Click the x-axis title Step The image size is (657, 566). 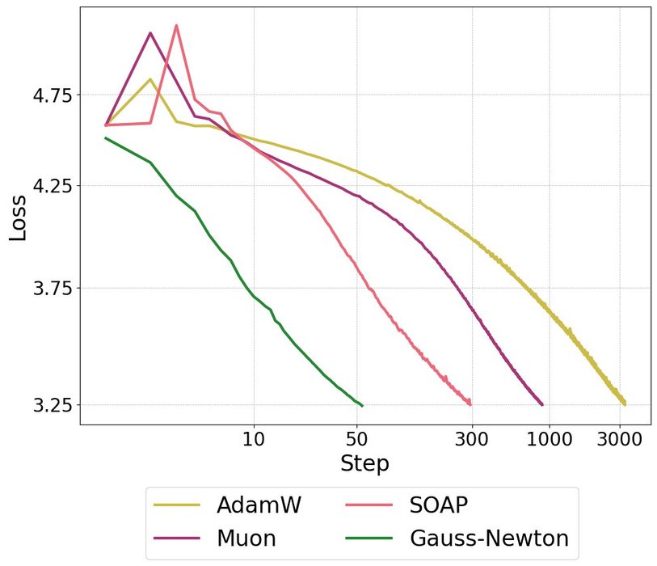pos(364,464)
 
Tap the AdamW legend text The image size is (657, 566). pos(259,506)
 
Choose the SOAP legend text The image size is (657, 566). pos(440,506)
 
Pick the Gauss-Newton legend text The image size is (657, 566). pos(489,538)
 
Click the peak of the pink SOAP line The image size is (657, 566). pos(176,26)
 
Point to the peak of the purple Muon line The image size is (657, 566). pos(150,33)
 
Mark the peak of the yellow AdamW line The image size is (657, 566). pos(150,79)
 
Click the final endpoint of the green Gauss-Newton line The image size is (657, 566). pos(362,405)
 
